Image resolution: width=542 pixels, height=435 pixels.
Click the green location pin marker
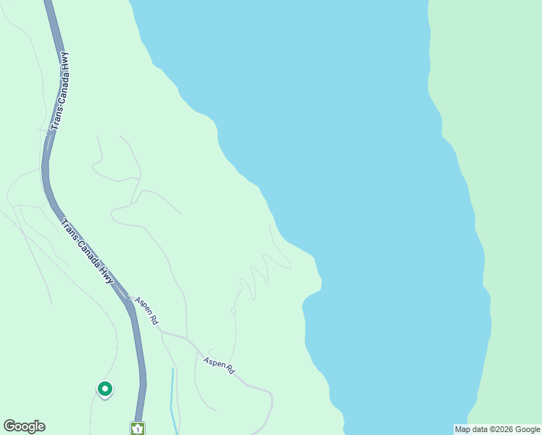pyautogui.click(x=105, y=390)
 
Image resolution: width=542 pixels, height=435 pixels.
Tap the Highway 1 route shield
pyautogui.click(x=138, y=428)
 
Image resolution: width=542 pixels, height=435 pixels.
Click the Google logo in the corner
pyautogui.click(x=24, y=426)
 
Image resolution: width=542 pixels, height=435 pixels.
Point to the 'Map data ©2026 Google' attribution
pyautogui.click(x=497, y=429)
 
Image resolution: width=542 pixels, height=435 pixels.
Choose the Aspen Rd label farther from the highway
pyautogui.click(x=219, y=365)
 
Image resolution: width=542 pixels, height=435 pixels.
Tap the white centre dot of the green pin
pyautogui.click(x=105, y=389)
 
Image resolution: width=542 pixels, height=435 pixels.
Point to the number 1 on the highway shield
pyautogui.click(x=138, y=429)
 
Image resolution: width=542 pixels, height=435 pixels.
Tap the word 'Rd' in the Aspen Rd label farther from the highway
pyautogui.click(x=230, y=370)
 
